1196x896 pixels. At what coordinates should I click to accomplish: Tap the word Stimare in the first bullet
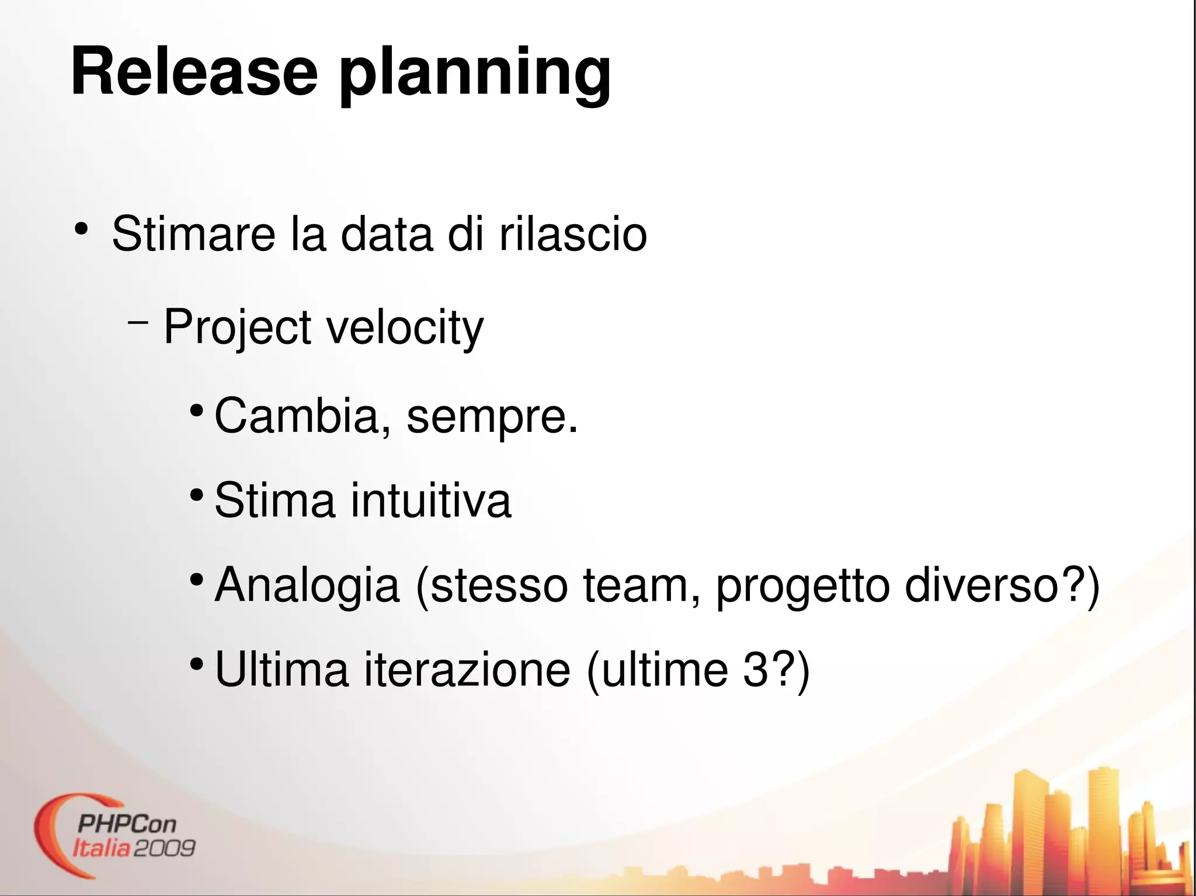[x=193, y=234]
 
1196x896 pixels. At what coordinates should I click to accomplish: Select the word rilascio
[x=573, y=234]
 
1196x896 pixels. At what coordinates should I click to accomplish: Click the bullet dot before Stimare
[x=81, y=229]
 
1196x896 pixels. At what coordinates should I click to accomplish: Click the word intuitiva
[x=431, y=500]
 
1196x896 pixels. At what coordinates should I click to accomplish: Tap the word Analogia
[x=307, y=586]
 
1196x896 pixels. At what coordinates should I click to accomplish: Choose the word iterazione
[x=467, y=670]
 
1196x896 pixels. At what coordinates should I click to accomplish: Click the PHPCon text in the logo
[x=126, y=824]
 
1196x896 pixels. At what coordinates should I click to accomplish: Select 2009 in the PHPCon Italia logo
[x=164, y=848]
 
